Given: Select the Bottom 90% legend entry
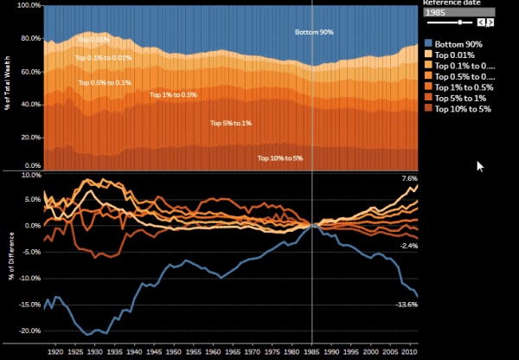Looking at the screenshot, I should [458, 43].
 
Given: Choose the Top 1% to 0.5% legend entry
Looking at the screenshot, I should [464, 87].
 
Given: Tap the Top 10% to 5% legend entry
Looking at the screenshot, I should [463, 109].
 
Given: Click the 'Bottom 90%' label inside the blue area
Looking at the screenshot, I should [314, 32].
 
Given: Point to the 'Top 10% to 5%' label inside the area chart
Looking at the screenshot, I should [280, 157].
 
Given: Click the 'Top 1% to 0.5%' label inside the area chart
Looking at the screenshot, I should [172, 94].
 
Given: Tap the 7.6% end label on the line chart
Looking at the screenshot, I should [410, 178].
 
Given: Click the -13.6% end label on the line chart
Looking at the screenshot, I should [407, 305].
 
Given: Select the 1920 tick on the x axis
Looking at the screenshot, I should [55, 353].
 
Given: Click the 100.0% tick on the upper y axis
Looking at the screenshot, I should [29, 5].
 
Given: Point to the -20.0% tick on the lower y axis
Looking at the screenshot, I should [29, 331].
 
